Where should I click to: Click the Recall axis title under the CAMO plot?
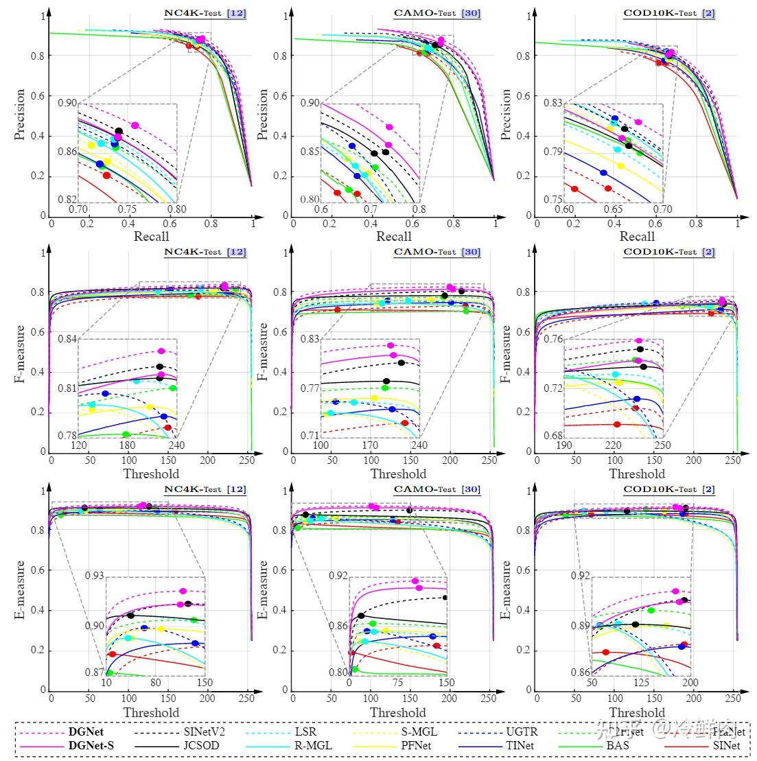pyautogui.click(x=394, y=236)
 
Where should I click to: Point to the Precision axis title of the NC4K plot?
pyautogui.click(x=20, y=115)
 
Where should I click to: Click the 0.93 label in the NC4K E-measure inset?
pyautogui.click(x=95, y=575)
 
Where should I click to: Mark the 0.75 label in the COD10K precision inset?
pyautogui.click(x=552, y=200)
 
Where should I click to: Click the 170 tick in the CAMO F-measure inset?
pyautogui.click(x=370, y=445)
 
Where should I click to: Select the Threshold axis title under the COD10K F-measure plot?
pyautogui.click(x=637, y=474)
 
